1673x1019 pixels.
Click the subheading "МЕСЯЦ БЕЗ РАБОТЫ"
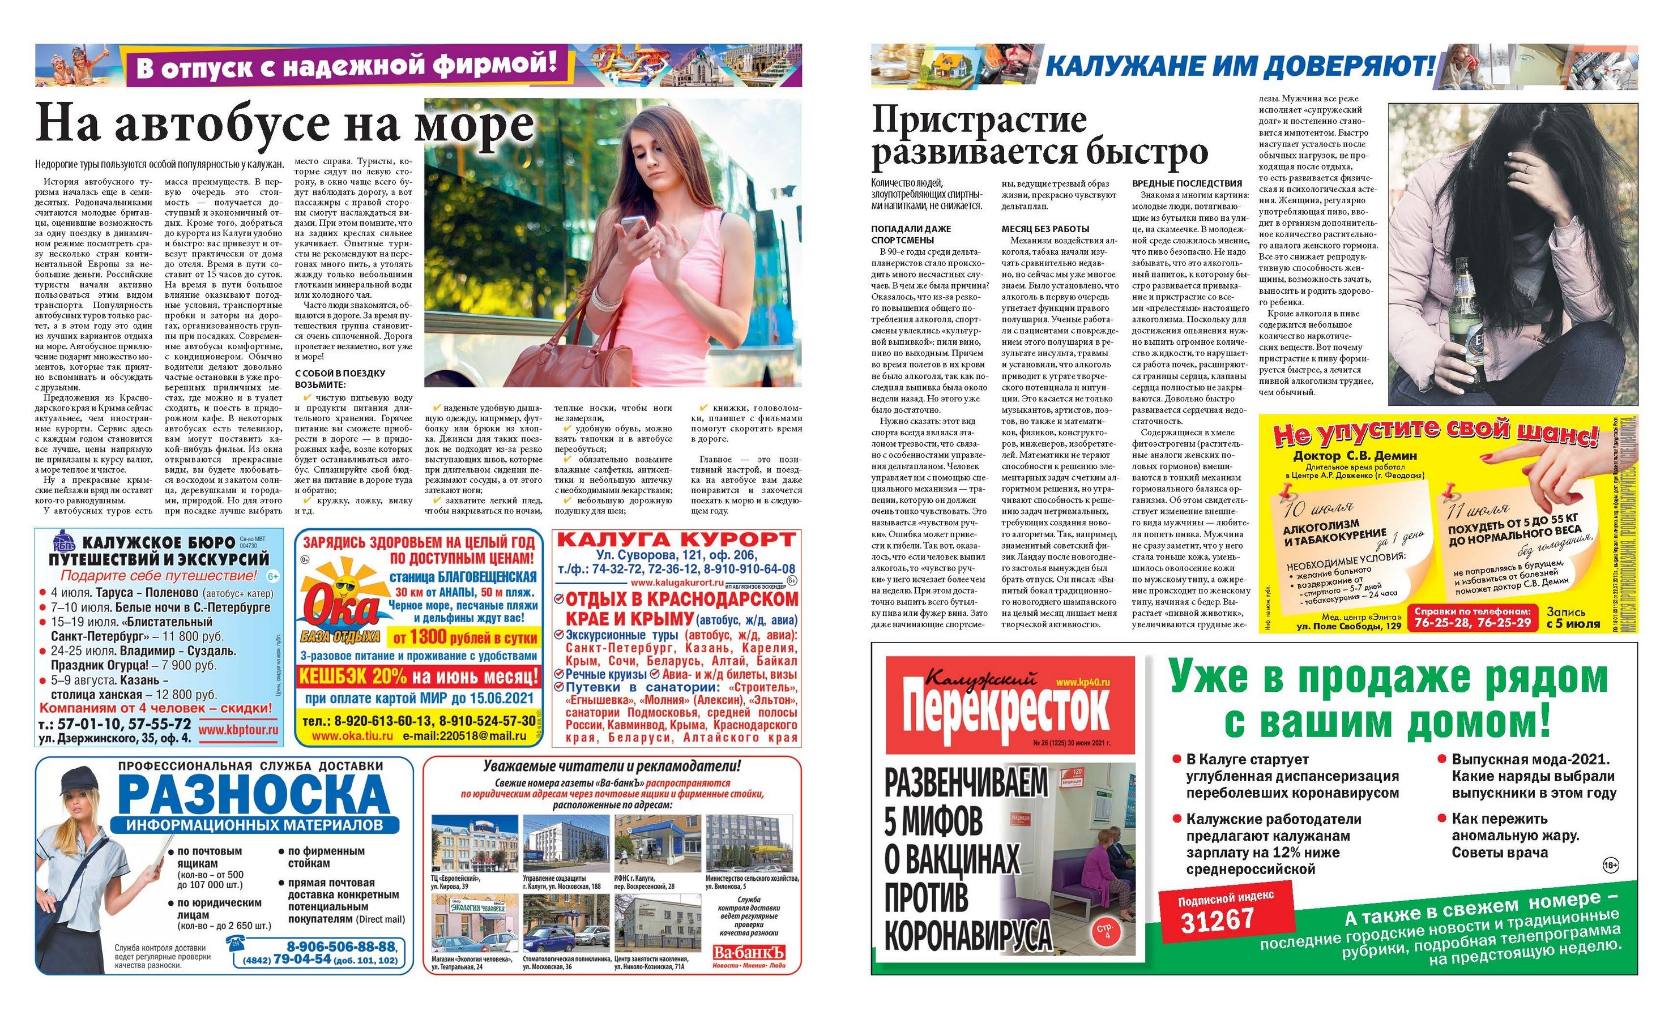(x=1045, y=229)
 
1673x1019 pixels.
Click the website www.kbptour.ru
(x=238, y=730)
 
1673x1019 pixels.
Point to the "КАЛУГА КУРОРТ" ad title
(x=676, y=540)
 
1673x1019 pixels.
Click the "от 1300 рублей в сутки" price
(x=464, y=637)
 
